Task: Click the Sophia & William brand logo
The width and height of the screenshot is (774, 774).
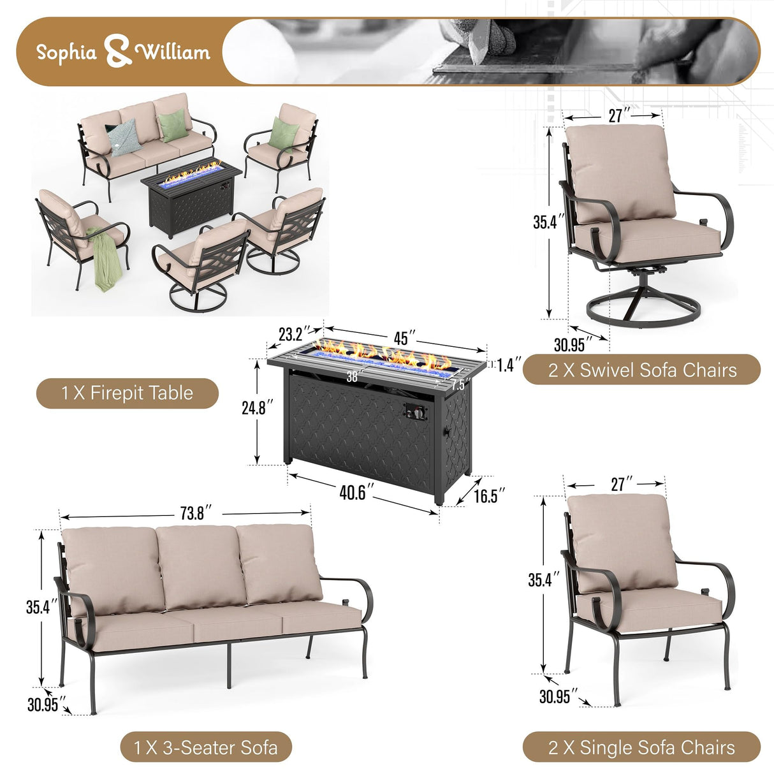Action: (122, 52)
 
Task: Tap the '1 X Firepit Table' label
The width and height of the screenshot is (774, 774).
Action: (128, 393)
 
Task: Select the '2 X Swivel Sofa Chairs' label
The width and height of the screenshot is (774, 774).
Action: (641, 370)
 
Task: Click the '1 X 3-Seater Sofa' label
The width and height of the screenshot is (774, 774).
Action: (205, 747)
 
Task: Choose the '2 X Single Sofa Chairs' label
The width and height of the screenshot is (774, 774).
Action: (641, 747)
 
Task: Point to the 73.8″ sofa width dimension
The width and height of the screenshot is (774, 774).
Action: (193, 513)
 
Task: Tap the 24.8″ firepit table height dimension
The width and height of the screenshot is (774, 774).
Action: (258, 407)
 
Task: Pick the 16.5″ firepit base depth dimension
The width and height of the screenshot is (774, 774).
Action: (489, 495)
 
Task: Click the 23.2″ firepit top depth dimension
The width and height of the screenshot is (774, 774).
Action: (294, 333)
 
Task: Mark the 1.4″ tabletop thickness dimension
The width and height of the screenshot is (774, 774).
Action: (509, 365)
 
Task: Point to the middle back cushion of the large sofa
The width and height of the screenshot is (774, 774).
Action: (200, 565)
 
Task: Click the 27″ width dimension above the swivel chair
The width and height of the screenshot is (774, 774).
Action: (615, 115)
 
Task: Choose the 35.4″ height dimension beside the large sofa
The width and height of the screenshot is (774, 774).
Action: (38, 607)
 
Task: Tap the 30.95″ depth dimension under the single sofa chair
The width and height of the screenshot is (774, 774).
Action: (554, 696)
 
